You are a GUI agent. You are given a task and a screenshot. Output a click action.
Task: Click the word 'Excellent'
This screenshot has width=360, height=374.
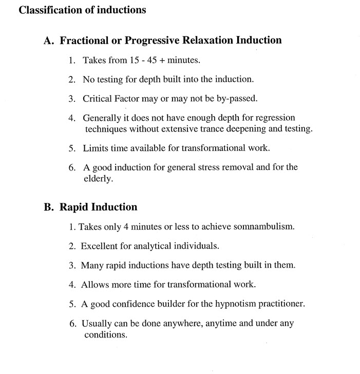99,246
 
